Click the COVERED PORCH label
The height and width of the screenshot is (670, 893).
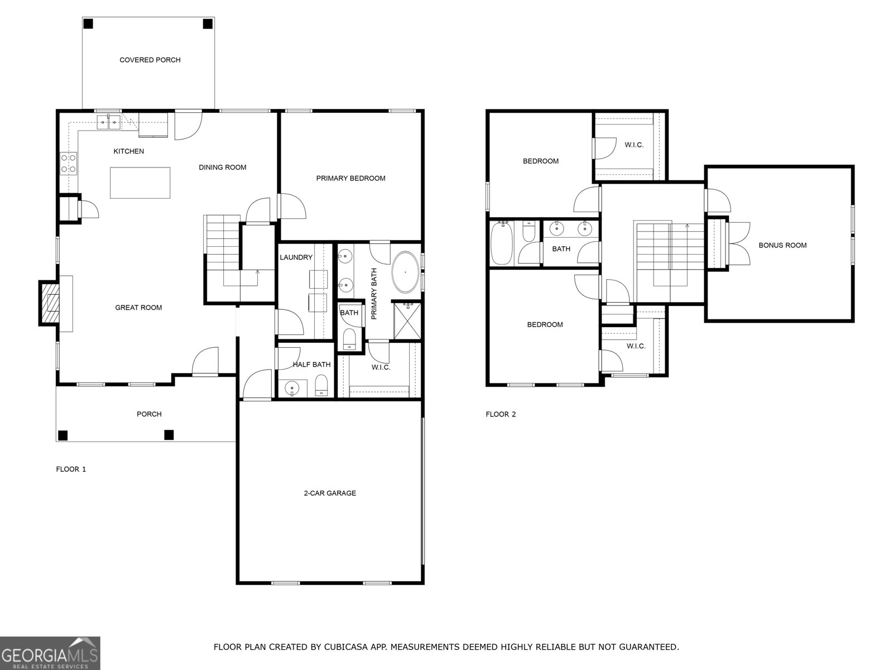click(x=150, y=60)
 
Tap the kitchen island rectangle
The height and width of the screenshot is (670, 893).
click(x=140, y=183)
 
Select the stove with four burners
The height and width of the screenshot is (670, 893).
click(x=69, y=163)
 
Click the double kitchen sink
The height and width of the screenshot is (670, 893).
click(x=108, y=121)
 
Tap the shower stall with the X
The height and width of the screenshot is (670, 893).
click(x=407, y=321)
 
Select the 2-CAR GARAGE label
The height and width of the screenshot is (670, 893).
click(x=329, y=493)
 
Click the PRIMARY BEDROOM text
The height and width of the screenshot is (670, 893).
click(x=351, y=178)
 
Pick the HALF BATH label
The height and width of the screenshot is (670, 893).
click(x=311, y=365)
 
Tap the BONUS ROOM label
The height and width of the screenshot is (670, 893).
click(x=782, y=245)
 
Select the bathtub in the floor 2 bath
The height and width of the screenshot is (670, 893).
click(x=501, y=243)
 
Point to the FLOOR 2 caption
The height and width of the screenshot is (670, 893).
click(x=501, y=414)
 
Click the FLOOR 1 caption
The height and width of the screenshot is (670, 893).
click(x=71, y=469)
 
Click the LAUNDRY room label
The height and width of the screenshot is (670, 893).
click(x=296, y=257)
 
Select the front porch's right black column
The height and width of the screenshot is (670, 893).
click(x=169, y=434)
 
